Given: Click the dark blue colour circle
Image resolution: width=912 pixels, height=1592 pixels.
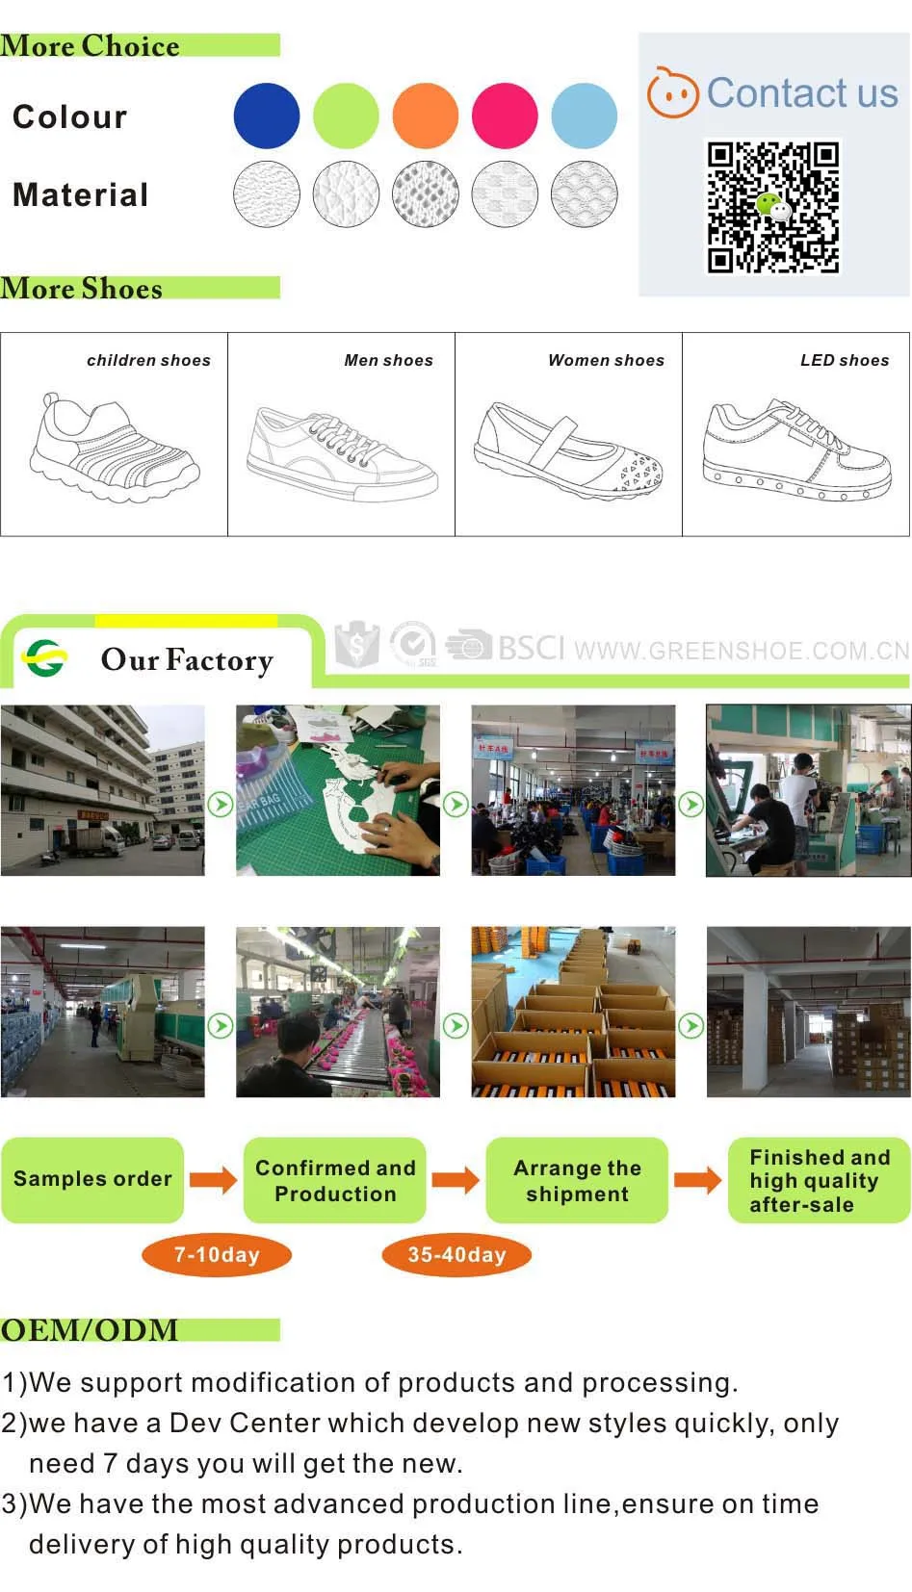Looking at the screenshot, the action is (x=267, y=116).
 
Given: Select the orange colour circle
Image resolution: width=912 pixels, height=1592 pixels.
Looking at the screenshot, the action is (x=425, y=116).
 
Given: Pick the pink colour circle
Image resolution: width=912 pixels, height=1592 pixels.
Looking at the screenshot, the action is (x=505, y=116).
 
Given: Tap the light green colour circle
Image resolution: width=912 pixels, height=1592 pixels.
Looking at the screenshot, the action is (x=346, y=116).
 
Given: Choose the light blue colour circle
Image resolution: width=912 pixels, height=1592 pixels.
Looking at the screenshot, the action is (x=584, y=116).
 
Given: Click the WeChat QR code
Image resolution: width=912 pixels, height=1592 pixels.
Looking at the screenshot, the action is (x=773, y=207).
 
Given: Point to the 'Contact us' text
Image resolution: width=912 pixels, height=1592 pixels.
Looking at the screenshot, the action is (x=801, y=93).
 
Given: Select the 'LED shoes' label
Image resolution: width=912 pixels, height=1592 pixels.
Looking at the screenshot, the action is (x=845, y=360).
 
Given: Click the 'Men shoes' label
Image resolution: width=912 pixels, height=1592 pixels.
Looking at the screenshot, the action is (x=388, y=360).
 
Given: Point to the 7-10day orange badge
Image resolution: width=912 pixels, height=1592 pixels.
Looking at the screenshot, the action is (x=217, y=1255).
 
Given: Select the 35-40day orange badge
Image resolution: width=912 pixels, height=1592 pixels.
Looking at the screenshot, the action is (x=456, y=1255).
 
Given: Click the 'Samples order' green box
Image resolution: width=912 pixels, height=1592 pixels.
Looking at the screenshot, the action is (x=92, y=1179).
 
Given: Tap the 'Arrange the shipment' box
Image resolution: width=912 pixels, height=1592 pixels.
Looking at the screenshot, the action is (x=577, y=1180).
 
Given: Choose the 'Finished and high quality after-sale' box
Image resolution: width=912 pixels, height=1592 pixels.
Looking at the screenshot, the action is (x=819, y=1180).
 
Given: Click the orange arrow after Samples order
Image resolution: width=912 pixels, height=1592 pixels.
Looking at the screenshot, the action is (x=213, y=1179).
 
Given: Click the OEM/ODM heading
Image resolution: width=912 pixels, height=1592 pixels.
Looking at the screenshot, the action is (x=90, y=1329).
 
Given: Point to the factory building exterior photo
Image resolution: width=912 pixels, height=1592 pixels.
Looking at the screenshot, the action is (x=102, y=790).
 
